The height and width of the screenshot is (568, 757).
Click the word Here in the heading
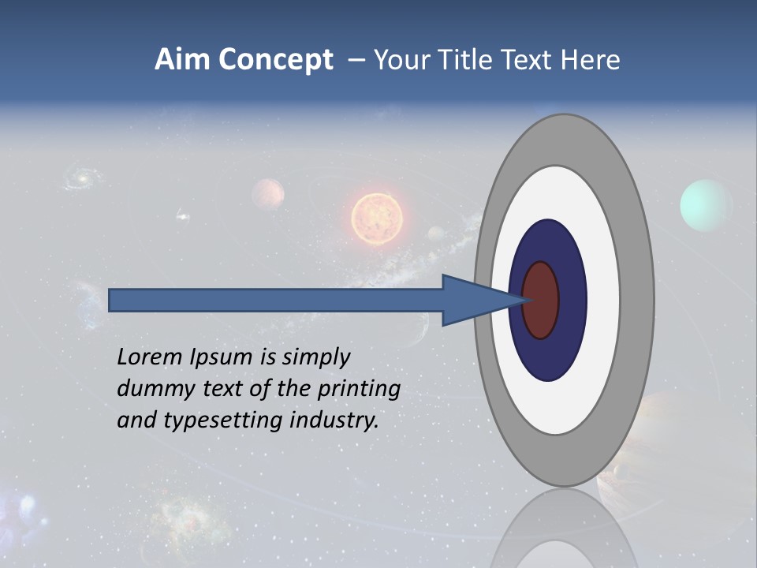pos(591,60)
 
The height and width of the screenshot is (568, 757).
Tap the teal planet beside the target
pos(706,205)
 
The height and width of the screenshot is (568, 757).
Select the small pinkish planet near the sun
pos(268,193)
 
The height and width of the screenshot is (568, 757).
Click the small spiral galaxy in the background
pos(80,178)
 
